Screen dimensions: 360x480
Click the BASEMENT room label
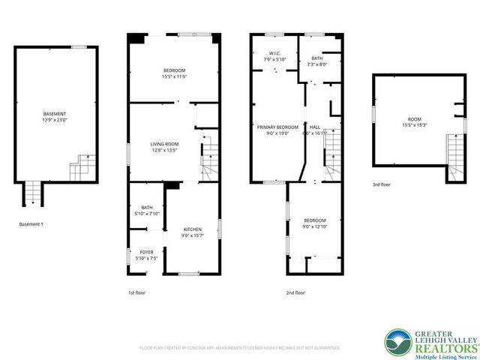point(54,113)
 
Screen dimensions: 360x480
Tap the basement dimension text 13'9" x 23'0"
point(54,119)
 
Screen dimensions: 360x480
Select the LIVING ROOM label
point(163,144)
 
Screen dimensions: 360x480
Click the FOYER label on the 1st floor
point(146,252)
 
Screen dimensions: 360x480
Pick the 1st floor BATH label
point(146,208)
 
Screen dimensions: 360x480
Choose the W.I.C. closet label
point(274,53)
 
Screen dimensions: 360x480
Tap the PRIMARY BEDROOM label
point(277,127)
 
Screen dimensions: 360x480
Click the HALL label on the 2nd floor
point(315,127)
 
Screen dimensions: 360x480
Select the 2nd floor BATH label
point(317,58)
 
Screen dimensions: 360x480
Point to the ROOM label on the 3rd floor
point(415,119)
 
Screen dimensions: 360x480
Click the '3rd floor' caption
point(382,184)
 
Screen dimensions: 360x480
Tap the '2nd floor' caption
point(295,292)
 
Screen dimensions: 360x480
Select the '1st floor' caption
point(137,292)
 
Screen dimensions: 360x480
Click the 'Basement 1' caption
point(31,224)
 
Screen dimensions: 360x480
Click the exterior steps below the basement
point(32,194)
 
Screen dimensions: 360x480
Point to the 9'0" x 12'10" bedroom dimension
point(314,226)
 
